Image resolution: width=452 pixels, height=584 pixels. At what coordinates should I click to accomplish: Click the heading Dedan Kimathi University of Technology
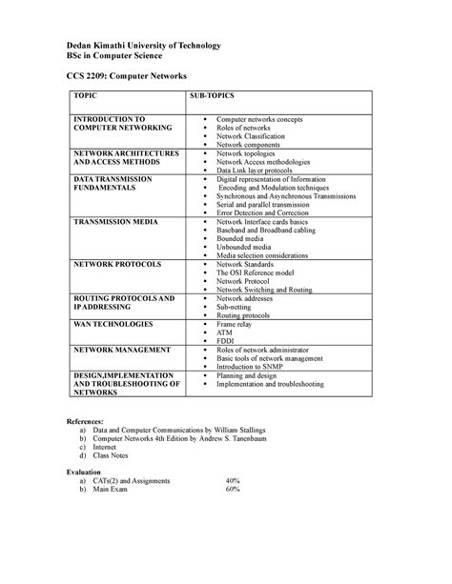143,46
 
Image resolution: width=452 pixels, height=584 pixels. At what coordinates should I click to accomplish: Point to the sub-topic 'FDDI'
227,340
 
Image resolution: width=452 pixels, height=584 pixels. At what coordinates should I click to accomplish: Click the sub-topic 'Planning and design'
252,375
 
